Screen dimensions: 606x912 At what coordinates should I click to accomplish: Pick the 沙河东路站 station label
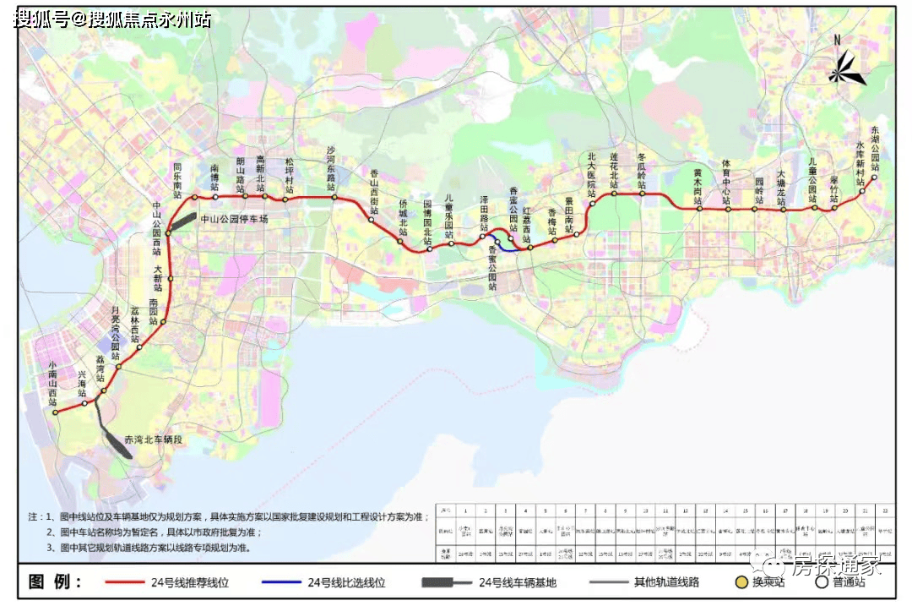(331, 165)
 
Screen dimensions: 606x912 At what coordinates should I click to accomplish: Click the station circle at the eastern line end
(862, 191)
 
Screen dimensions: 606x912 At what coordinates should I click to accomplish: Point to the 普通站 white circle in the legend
(820, 581)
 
